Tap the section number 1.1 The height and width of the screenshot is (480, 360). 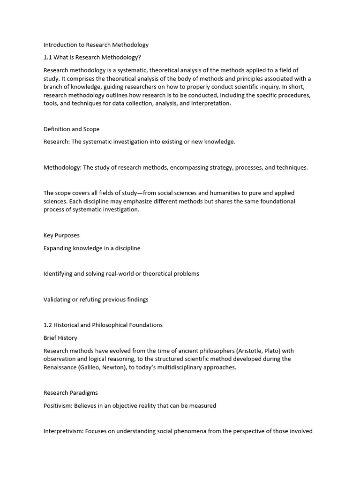coord(48,58)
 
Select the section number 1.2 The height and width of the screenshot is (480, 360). coord(48,325)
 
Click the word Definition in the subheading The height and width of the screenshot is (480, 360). coord(58,129)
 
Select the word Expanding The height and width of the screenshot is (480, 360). coord(57,248)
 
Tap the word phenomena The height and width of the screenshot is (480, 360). coord(186,431)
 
